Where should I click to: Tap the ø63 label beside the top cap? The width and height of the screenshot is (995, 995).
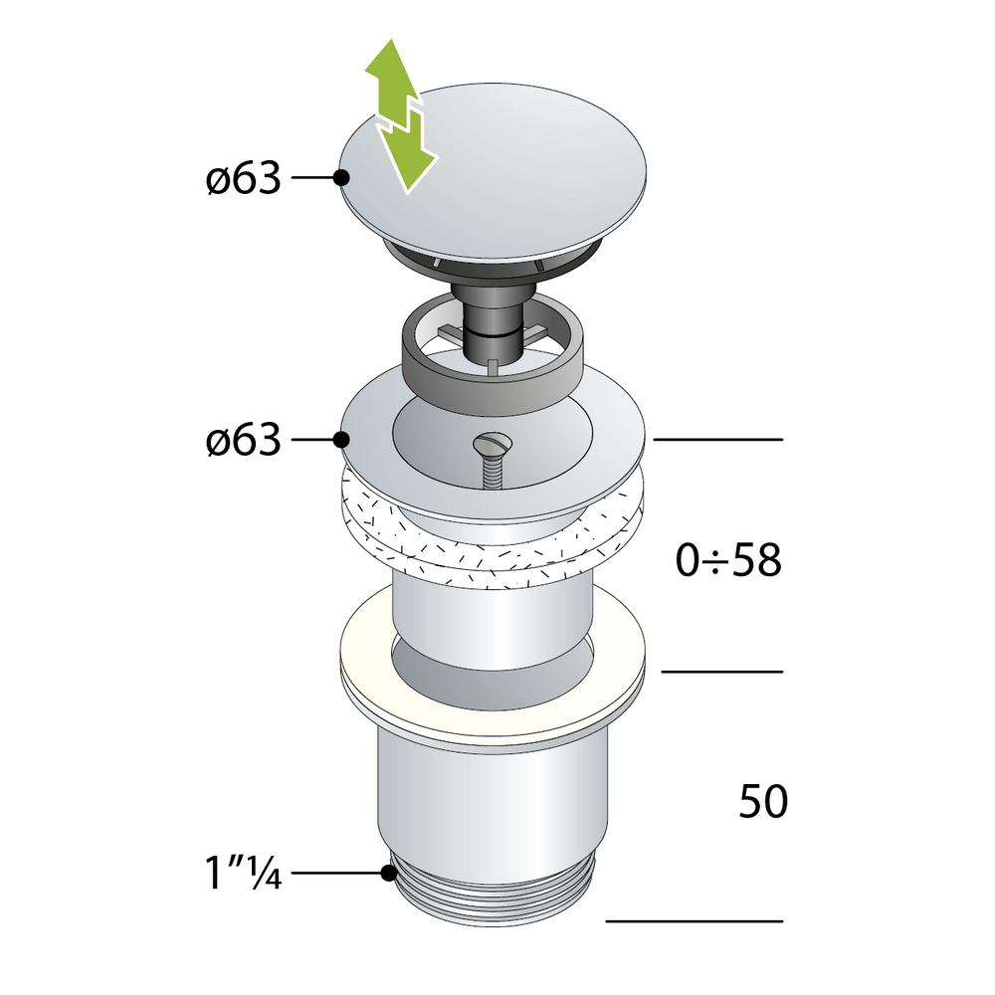pyautogui.click(x=243, y=178)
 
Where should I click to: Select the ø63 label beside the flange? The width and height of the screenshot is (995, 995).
pyautogui.click(x=243, y=441)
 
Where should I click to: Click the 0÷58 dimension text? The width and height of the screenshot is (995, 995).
pyautogui.click(x=728, y=561)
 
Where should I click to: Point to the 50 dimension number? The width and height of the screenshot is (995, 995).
pyautogui.click(x=763, y=801)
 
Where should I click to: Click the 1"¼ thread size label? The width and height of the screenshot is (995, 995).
pyautogui.click(x=242, y=874)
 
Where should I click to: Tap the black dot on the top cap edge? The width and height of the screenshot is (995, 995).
pyautogui.click(x=341, y=178)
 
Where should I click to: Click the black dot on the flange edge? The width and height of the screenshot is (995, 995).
pyautogui.click(x=341, y=439)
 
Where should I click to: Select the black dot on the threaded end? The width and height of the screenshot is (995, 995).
pyautogui.click(x=389, y=874)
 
